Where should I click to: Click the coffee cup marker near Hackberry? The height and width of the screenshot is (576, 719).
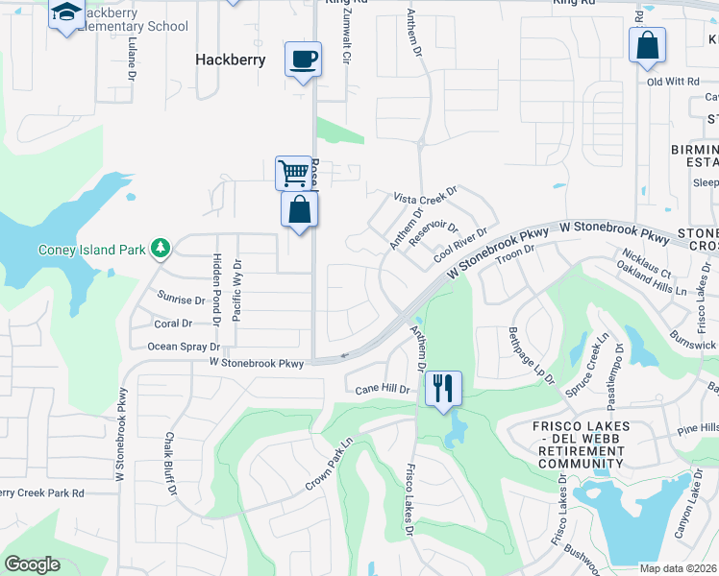(304, 60)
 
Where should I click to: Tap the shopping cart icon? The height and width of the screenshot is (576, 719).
(293, 174)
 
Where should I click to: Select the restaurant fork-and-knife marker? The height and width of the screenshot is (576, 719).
(443, 388)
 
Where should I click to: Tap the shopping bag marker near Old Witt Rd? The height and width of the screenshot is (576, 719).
(648, 44)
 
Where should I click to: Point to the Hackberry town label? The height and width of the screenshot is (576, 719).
(231, 59)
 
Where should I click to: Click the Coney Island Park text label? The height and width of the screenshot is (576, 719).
(92, 251)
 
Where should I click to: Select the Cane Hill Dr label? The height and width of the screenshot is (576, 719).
(383, 390)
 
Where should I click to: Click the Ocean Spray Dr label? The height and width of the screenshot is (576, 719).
(184, 347)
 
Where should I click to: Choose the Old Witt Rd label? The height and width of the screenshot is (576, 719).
(672, 83)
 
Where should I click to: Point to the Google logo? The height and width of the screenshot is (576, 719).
(33, 564)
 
